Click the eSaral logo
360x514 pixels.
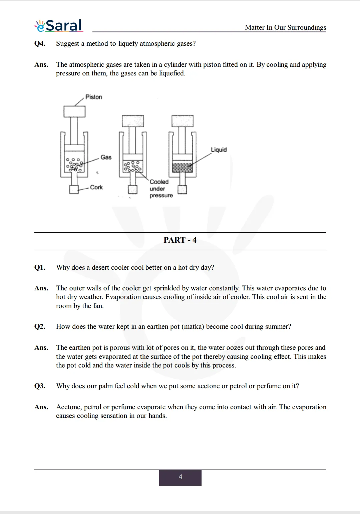coord(59,26)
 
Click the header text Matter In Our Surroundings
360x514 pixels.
coord(285,27)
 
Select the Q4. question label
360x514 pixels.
coord(40,43)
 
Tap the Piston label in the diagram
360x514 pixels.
coord(94,97)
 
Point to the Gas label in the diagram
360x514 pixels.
coord(106,157)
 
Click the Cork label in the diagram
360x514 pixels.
coord(96,187)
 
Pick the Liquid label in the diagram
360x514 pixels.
coord(219,150)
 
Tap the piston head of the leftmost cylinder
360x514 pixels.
coord(74,111)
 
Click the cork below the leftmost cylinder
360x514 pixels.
coord(74,189)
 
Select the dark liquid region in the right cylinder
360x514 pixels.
coord(182,167)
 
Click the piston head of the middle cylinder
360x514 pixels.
coord(133,121)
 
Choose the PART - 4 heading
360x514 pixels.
coord(180,240)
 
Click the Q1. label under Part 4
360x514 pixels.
coord(40,267)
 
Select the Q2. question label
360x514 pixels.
coord(40,326)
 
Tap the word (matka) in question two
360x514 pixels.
coord(193,326)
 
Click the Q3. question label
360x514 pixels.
coord(40,386)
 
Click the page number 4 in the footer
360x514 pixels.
coord(180,477)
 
